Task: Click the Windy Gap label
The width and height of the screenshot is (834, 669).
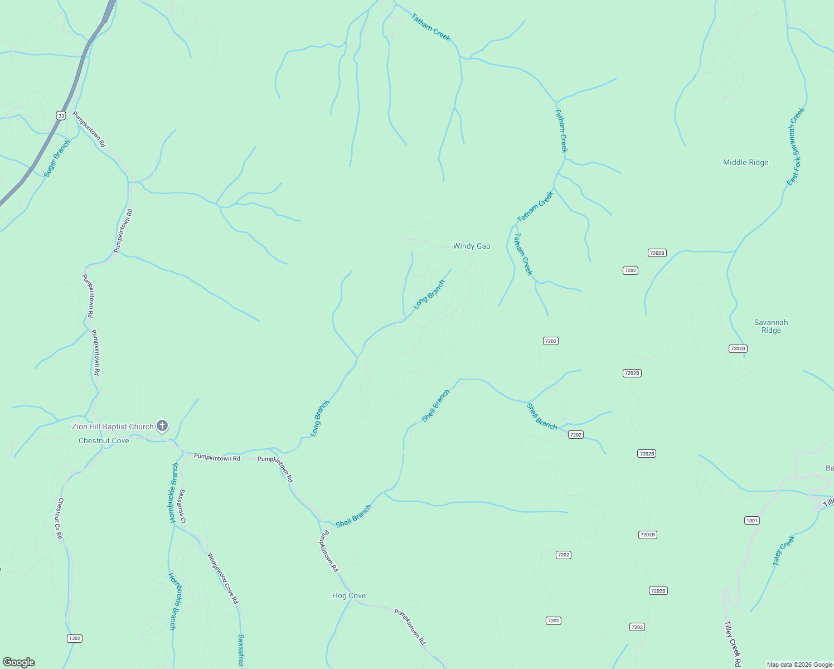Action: [x=472, y=246]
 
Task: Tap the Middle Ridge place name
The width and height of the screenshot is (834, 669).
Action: [x=745, y=162]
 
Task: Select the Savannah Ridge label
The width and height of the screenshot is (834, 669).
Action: [x=771, y=326]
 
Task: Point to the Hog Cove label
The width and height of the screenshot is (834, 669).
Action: [x=349, y=595]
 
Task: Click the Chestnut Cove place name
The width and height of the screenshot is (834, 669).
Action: [x=104, y=440]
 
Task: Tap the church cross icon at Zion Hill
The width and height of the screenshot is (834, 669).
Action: [x=162, y=426]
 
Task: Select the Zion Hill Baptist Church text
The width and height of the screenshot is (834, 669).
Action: [x=113, y=426]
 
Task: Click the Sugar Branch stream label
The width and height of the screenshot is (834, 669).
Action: [x=57, y=159]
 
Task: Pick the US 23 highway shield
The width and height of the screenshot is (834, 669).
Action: [x=61, y=115]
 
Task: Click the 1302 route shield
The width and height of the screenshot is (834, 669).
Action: [x=74, y=638]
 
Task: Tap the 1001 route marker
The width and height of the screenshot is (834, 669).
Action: [x=752, y=520]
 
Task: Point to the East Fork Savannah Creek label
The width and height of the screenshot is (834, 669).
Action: [x=796, y=147]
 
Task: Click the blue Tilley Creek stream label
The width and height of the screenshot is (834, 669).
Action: [x=784, y=550]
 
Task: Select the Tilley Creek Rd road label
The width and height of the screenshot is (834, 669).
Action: [x=733, y=644]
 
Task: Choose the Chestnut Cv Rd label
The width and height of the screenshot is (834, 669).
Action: [x=60, y=518]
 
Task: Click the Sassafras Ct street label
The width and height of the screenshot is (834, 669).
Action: [x=182, y=506]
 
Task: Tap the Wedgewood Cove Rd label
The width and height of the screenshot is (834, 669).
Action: [x=222, y=578]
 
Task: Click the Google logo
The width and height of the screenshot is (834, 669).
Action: [x=19, y=662]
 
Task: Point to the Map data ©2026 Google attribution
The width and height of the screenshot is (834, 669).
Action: [x=799, y=665]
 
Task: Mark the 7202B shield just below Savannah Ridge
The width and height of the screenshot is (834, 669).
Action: [x=738, y=348]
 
